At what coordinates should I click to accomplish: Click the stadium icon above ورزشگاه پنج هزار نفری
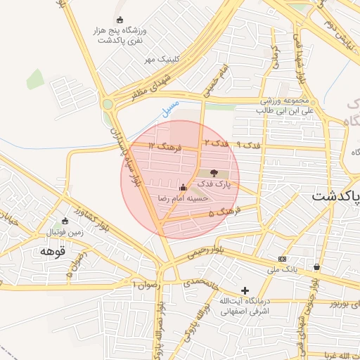[119, 20]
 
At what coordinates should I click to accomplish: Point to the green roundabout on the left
[108, 105]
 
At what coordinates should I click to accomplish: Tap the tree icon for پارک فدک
[214, 173]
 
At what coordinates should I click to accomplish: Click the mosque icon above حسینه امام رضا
[183, 188]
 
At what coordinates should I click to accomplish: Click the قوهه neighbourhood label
[53, 250]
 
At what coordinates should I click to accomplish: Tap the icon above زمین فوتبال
[65, 220]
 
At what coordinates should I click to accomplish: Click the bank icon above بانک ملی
[283, 258]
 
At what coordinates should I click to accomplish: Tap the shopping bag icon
[317, 267]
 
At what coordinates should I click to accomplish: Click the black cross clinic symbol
[245, 290]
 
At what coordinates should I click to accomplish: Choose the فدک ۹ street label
[248, 144]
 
